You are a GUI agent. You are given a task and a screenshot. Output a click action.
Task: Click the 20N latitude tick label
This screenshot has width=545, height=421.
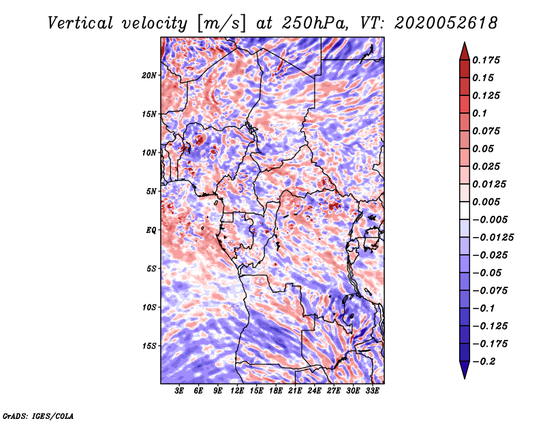[149, 76]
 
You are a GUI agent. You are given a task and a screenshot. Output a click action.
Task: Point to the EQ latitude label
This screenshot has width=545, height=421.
[151, 230]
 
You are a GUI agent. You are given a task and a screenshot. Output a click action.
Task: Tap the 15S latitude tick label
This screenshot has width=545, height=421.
[149, 346]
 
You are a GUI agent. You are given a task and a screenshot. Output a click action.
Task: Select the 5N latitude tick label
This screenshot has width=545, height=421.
[151, 191]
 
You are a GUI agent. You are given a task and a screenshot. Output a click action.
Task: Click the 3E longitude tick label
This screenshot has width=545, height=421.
[179, 391]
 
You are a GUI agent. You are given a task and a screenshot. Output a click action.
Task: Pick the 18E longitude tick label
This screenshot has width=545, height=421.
[276, 391]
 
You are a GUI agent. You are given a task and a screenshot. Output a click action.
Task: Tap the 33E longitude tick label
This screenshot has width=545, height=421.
[372, 391]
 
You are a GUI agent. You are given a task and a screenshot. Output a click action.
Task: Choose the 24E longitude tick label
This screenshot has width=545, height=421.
[314, 391]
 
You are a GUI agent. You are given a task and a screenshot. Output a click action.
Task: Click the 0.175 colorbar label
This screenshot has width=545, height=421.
[486, 60]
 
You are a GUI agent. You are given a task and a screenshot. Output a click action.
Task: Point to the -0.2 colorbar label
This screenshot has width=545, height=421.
[484, 362]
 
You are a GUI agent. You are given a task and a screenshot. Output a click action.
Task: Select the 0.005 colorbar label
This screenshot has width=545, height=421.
[486, 202]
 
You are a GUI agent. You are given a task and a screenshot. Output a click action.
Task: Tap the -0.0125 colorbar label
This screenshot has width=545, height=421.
[493, 238]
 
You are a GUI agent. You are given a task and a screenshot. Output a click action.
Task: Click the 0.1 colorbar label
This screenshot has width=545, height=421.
[480, 113]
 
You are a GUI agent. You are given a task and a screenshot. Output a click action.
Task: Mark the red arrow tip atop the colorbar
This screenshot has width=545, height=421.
[465, 42]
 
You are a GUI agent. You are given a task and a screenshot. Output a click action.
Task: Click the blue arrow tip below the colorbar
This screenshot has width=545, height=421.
[465, 378]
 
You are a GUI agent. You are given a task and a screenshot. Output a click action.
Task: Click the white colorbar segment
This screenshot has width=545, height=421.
[465, 210]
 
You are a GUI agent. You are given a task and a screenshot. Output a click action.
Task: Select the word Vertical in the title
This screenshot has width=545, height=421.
[80, 23]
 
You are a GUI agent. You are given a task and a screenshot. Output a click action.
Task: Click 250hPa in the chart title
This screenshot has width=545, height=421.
[314, 23]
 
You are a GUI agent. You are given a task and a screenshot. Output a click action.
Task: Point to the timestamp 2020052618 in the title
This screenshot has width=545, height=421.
[446, 23]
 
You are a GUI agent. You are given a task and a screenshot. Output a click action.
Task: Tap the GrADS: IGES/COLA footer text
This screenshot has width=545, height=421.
[38, 416]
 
